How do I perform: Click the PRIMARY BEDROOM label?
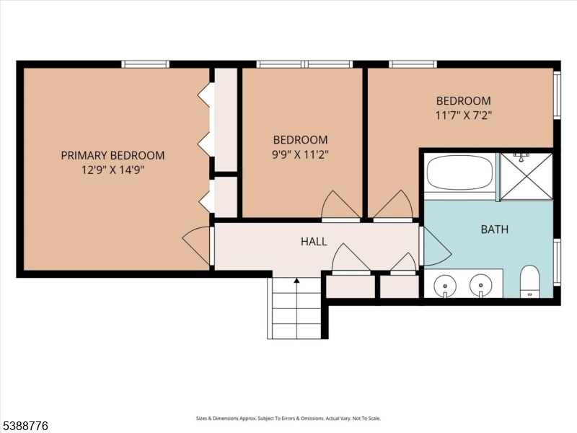pyautogui.click(x=113, y=155)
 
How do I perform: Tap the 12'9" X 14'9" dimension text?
pyautogui.click(x=113, y=170)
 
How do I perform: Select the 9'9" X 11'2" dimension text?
pyautogui.click(x=300, y=154)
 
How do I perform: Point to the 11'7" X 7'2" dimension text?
pyautogui.click(x=463, y=115)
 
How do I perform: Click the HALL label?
pyautogui.click(x=314, y=242)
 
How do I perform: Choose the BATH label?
pyautogui.click(x=494, y=229)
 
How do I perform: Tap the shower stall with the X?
pyautogui.click(x=527, y=175)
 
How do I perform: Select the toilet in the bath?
pyautogui.click(x=530, y=281)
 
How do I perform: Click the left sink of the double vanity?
pyautogui.click(x=446, y=287)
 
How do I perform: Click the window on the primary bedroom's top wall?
pyautogui.click(x=145, y=64)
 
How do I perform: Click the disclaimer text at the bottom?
pyautogui.click(x=288, y=419)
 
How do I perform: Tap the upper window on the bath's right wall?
pyautogui.click(x=557, y=95)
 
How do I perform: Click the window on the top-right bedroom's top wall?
pyautogui.click(x=413, y=64)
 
